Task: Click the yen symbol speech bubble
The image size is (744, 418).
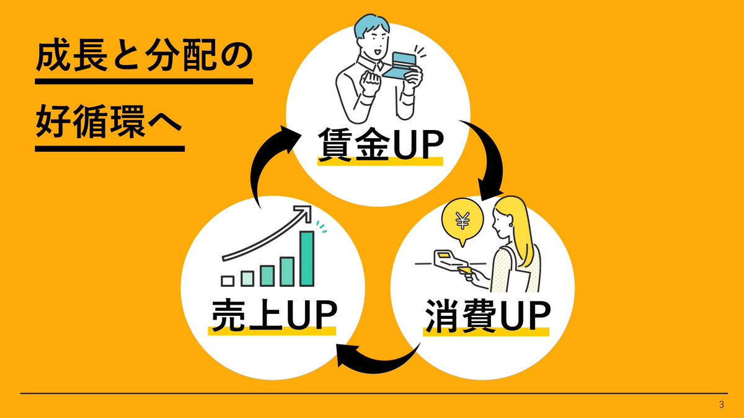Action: point(462,220)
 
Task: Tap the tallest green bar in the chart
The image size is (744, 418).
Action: point(306,258)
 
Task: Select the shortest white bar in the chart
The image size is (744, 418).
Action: point(228,281)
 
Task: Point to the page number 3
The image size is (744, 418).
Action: point(721,405)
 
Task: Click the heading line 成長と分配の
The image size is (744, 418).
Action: point(144,59)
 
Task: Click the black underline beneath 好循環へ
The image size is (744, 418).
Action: point(110,149)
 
